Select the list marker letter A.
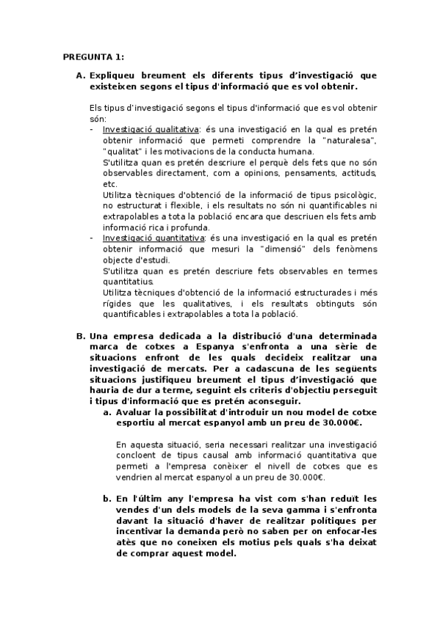pyautogui.click(x=80, y=76)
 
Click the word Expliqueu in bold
pyautogui.click(x=115, y=76)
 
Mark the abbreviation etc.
pyautogui.click(x=109, y=183)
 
